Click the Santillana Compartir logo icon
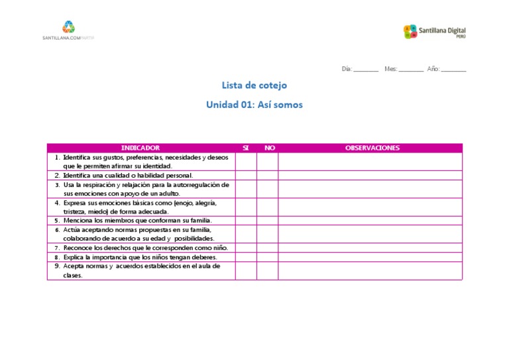pyautogui.click(x=68, y=27)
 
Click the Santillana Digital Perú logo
pyautogui.click(x=434, y=31)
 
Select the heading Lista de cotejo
pyautogui.click(x=254, y=86)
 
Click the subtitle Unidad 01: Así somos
pyautogui.click(x=254, y=105)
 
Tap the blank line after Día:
pyautogui.click(x=366, y=69)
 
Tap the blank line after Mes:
pyautogui.click(x=412, y=69)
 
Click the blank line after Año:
pyautogui.click(x=453, y=69)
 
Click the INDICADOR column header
pyautogui.click(x=141, y=148)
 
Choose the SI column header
pyautogui.click(x=246, y=148)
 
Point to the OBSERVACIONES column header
pyautogui.click(x=372, y=148)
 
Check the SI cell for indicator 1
pyautogui.click(x=246, y=162)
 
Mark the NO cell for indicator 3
pyautogui.click(x=268, y=189)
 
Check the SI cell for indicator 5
pyautogui.click(x=246, y=221)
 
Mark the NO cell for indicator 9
pyautogui.click(x=268, y=270)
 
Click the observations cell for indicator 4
pyautogui.click(x=370, y=207)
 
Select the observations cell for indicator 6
pyautogui.click(x=370, y=234)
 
